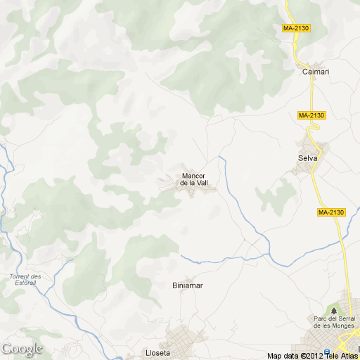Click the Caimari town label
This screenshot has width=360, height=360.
[x=316, y=72]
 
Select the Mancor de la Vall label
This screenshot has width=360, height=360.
[x=194, y=179]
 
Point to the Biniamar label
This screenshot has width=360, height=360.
[x=188, y=285]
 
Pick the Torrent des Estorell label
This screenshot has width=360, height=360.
[x=25, y=280]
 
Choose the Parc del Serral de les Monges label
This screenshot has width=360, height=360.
[x=333, y=323]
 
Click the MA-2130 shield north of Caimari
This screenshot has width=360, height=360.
[x=296, y=28]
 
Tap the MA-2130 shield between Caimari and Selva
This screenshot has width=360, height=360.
[x=311, y=115]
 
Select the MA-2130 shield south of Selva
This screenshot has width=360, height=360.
[x=331, y=212]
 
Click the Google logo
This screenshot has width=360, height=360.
[x=22, y=349]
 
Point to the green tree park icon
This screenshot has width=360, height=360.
[x=333, y=309]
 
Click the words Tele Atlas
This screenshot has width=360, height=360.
[x=342, y=355]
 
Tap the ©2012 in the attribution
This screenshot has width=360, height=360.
[x=311, y=355]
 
